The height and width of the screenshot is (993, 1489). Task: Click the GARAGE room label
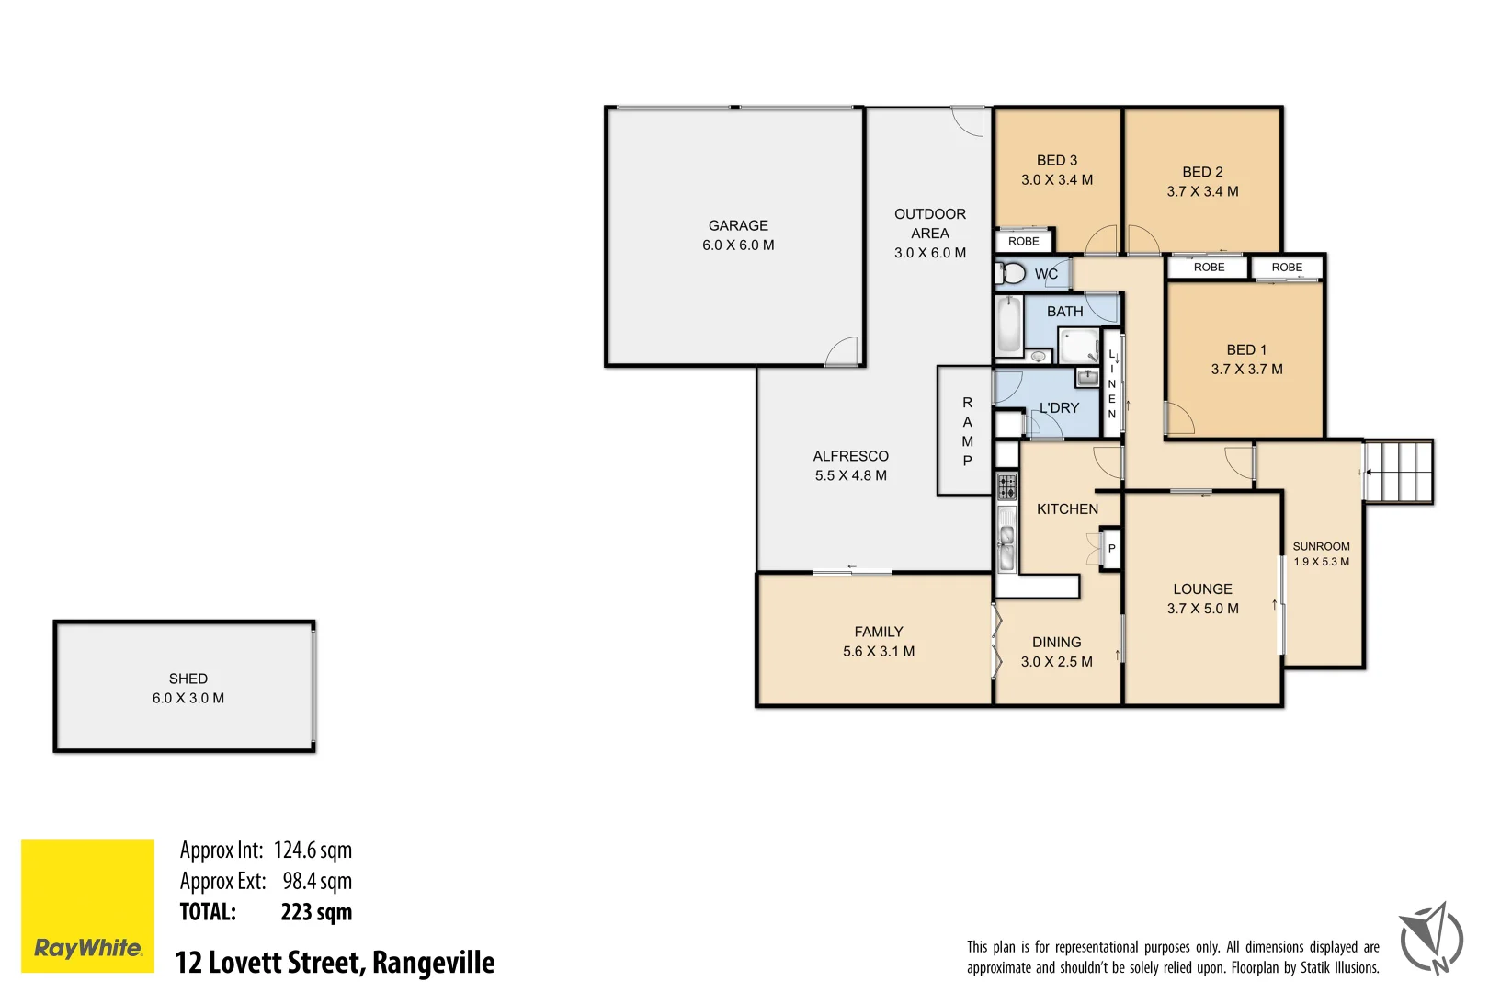(738, 225)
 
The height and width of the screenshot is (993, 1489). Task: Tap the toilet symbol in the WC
(1012, 273)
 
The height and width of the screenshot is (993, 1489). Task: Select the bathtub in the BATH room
(1009, 325)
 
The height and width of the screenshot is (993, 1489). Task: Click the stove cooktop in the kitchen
(1007, 486)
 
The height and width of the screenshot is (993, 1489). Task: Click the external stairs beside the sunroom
(1398, 472)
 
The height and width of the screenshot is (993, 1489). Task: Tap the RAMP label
(967, 431)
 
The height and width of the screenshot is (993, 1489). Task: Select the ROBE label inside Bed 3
(1023, 242)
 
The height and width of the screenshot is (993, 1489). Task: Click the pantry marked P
(1111, 549)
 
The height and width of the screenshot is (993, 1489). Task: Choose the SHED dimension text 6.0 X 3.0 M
(188, 698)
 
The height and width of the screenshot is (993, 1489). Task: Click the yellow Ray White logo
(87, 906)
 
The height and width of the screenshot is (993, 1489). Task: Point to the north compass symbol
(1431, 938)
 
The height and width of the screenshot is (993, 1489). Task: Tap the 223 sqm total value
(316, 912)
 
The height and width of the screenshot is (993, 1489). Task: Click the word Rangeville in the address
(433, 963)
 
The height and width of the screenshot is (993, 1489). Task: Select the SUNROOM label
(1321, 546)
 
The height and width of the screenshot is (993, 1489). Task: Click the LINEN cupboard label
(1111, 384)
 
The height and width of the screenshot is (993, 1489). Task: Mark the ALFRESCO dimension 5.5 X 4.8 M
(850, 475)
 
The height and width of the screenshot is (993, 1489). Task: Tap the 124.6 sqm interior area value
(313, 850)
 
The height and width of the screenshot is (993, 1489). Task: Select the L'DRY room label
(1059, 407)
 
